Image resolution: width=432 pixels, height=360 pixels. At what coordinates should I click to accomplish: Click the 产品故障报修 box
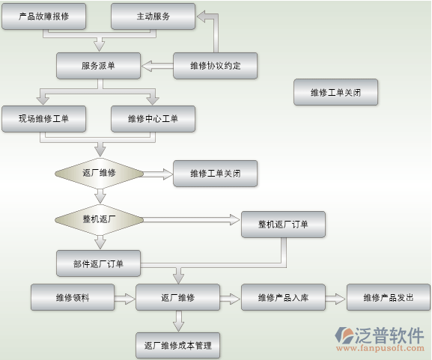(x=44, y=16)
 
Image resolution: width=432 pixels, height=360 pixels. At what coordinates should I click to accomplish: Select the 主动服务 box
(x=153, y=16)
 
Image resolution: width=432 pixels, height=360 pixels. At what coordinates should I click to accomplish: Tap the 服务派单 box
(x=98, y=66)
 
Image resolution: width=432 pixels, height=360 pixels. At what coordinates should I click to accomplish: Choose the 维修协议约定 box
(x=215, y=66)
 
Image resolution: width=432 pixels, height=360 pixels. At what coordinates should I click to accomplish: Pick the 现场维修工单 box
(x=44, y=119)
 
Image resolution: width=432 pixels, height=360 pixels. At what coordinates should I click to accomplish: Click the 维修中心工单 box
(x=153, y=119)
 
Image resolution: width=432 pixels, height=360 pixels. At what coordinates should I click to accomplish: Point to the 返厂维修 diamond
(x=99, y=173)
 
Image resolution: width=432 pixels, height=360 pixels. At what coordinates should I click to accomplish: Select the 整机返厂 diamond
(x=99, y=219)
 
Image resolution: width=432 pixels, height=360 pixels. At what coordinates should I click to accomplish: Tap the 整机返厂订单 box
(x=283, y=225)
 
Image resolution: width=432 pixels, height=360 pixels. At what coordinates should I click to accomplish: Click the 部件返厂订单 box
(x=98, y=263)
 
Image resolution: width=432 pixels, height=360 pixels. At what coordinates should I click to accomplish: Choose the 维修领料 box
(x=73, y=297)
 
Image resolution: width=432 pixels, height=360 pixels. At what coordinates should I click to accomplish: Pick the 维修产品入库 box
(x=283, y=297)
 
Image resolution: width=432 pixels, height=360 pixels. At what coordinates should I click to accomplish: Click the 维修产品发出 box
(x=389, y=297)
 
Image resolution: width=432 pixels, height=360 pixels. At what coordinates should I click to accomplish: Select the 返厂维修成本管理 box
(x=177, y=346)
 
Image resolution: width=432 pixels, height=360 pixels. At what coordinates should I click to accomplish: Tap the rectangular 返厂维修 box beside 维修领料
(x=177, y=297)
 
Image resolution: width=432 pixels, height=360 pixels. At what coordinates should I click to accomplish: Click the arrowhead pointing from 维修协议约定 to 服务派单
(x=147, y=66)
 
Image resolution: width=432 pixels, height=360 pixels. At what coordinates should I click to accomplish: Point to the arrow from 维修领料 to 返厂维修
(x=125, y=299)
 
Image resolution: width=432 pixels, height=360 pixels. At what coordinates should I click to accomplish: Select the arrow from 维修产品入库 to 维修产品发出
(x=335, y=299)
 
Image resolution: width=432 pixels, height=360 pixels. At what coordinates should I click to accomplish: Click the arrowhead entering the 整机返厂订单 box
(x=235, y=219)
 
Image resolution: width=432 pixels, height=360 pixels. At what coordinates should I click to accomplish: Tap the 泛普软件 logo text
(x=389, y=335)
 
